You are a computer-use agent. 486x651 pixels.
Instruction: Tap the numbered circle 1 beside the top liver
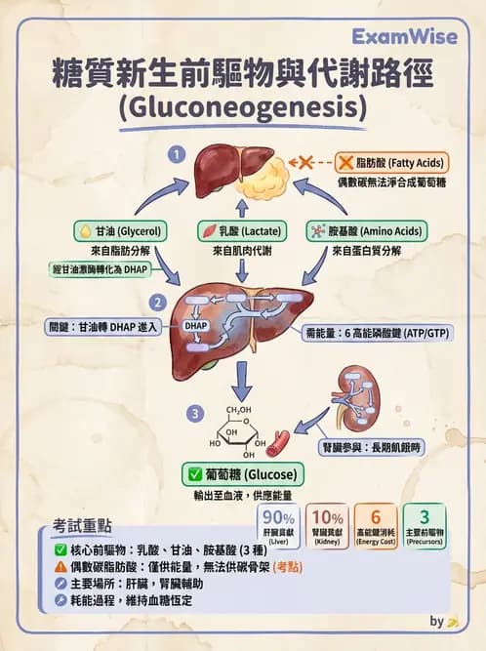[x=176, y=153]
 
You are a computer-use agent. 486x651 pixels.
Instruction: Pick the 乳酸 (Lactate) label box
[x=242, y=231]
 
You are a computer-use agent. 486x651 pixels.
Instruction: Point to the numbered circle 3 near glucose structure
[x=196, y=414]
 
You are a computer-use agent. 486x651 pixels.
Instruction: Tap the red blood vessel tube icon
[x=278, y=443]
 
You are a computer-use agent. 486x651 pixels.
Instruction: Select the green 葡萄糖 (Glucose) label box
[x=242, y=474]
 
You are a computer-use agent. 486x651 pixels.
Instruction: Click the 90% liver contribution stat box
[x=277, y=526]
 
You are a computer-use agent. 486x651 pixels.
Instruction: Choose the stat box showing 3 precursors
[x=424, y=526]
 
